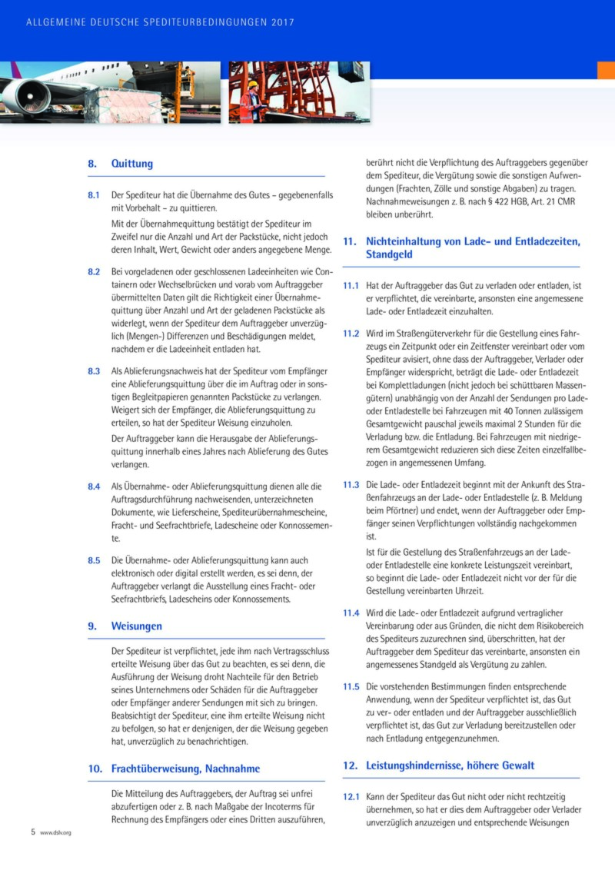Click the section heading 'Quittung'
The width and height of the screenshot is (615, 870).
pyautogui.click(x=132, y=164)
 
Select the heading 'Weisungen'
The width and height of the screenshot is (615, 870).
pyautogui.click(x=137, y=626)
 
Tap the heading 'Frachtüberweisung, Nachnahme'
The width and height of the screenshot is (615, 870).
pyautogui.click(x=185, y=769)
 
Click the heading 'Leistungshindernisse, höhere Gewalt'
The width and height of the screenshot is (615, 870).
pyautogui.click(x=450, y=765)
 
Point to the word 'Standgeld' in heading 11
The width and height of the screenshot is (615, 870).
pyautogui.click(x=390, y=254)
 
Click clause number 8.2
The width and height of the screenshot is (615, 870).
pyautogui.click(x=94, y=272)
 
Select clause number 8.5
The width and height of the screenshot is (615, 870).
pyautogui.click(x=94, y=560)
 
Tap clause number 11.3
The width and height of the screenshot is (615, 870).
pyautogui.click(x=351, y=486)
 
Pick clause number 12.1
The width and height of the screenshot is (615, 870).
pyautogui.click(x=351, y=796)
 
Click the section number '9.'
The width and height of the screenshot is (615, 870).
pyautogui.click(x=92, y=626)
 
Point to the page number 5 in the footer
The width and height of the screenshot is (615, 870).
pyautogui.click(x=33, y=832)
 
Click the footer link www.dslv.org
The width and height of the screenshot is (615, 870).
pyautogui.click(x=55, y=833)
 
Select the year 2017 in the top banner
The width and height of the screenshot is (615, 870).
pyautogui.click(x=283, y=22)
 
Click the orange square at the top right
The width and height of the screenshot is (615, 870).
pyautogui.click(x=606, y=70)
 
